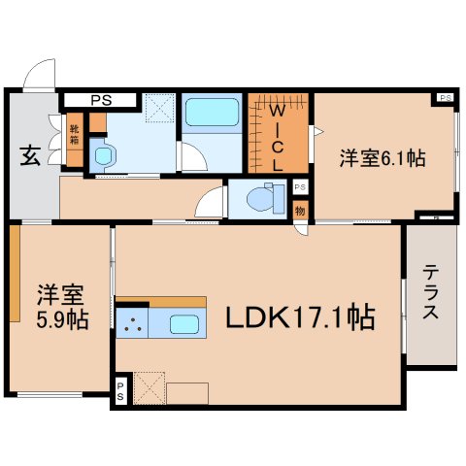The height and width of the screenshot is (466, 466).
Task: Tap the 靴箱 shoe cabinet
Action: point(74,128)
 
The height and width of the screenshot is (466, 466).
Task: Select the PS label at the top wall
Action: point(100,99)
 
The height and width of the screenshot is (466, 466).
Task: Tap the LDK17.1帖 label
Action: point(301,317)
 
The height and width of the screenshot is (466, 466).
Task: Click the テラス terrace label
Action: point(431,293)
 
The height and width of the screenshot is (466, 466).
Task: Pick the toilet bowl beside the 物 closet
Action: point(262,199)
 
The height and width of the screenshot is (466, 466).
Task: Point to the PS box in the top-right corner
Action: point(445,98)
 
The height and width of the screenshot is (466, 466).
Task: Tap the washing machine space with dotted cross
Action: point(158,107)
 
